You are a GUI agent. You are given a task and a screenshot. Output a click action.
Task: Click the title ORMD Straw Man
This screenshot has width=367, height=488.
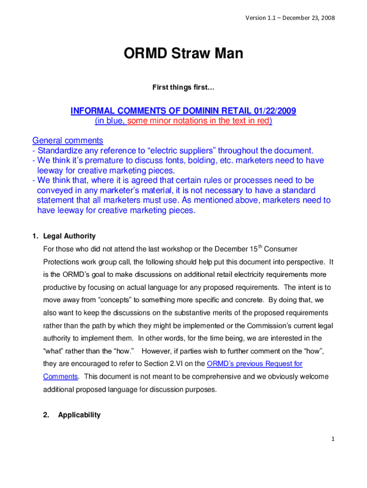pyautogui.click(x=183, y=54)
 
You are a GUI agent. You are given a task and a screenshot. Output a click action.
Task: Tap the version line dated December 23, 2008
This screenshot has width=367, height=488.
pyautogui.click(x=290, y=18)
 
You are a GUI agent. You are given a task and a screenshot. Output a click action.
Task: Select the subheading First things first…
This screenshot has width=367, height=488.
pyautogui.click(x=183, y=87)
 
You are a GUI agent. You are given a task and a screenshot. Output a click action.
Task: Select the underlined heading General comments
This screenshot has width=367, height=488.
pyautogui.click(x=68, y=141)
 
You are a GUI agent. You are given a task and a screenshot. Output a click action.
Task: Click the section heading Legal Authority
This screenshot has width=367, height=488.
pyautogui.click(x=69, y=236)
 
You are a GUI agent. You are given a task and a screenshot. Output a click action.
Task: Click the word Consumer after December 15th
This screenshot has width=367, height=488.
pyautogui.click(x=280, y=249)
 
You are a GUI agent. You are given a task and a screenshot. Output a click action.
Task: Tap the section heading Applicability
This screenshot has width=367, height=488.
pyautogui.click(x=79, y=415)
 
